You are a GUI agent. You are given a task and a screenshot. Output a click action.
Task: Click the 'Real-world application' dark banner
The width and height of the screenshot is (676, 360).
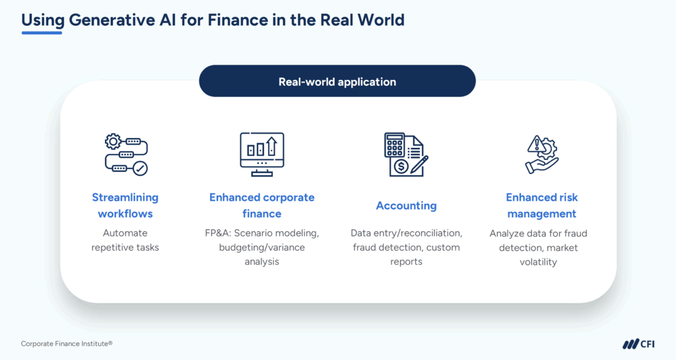click(337, 82)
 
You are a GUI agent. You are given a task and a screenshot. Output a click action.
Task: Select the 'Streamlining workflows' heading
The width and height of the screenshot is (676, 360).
click(125, 205)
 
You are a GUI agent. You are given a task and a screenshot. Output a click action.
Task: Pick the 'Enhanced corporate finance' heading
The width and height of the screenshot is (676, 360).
click(262, 205)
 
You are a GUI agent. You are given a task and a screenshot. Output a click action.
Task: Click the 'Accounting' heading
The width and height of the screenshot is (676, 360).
click(406, 205)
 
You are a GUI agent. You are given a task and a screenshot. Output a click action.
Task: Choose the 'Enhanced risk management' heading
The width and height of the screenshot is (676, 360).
click(541, 205)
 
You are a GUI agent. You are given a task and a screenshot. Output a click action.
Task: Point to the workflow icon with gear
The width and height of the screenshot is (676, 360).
click(126, 154)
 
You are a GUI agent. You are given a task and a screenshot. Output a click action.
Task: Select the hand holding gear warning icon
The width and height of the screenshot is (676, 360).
click(541, 154)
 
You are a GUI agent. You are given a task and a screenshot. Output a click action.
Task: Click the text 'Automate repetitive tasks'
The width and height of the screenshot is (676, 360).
click(125, 240)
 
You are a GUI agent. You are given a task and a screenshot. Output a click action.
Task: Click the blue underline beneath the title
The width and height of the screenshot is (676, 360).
click(42, 33)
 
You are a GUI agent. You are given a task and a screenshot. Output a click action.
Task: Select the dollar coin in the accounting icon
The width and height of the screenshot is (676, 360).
click(399, 167)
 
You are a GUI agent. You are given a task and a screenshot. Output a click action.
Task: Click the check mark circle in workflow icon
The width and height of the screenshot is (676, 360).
click(140, 169)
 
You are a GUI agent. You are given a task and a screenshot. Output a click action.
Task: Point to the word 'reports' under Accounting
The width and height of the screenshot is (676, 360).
click(406, 262)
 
